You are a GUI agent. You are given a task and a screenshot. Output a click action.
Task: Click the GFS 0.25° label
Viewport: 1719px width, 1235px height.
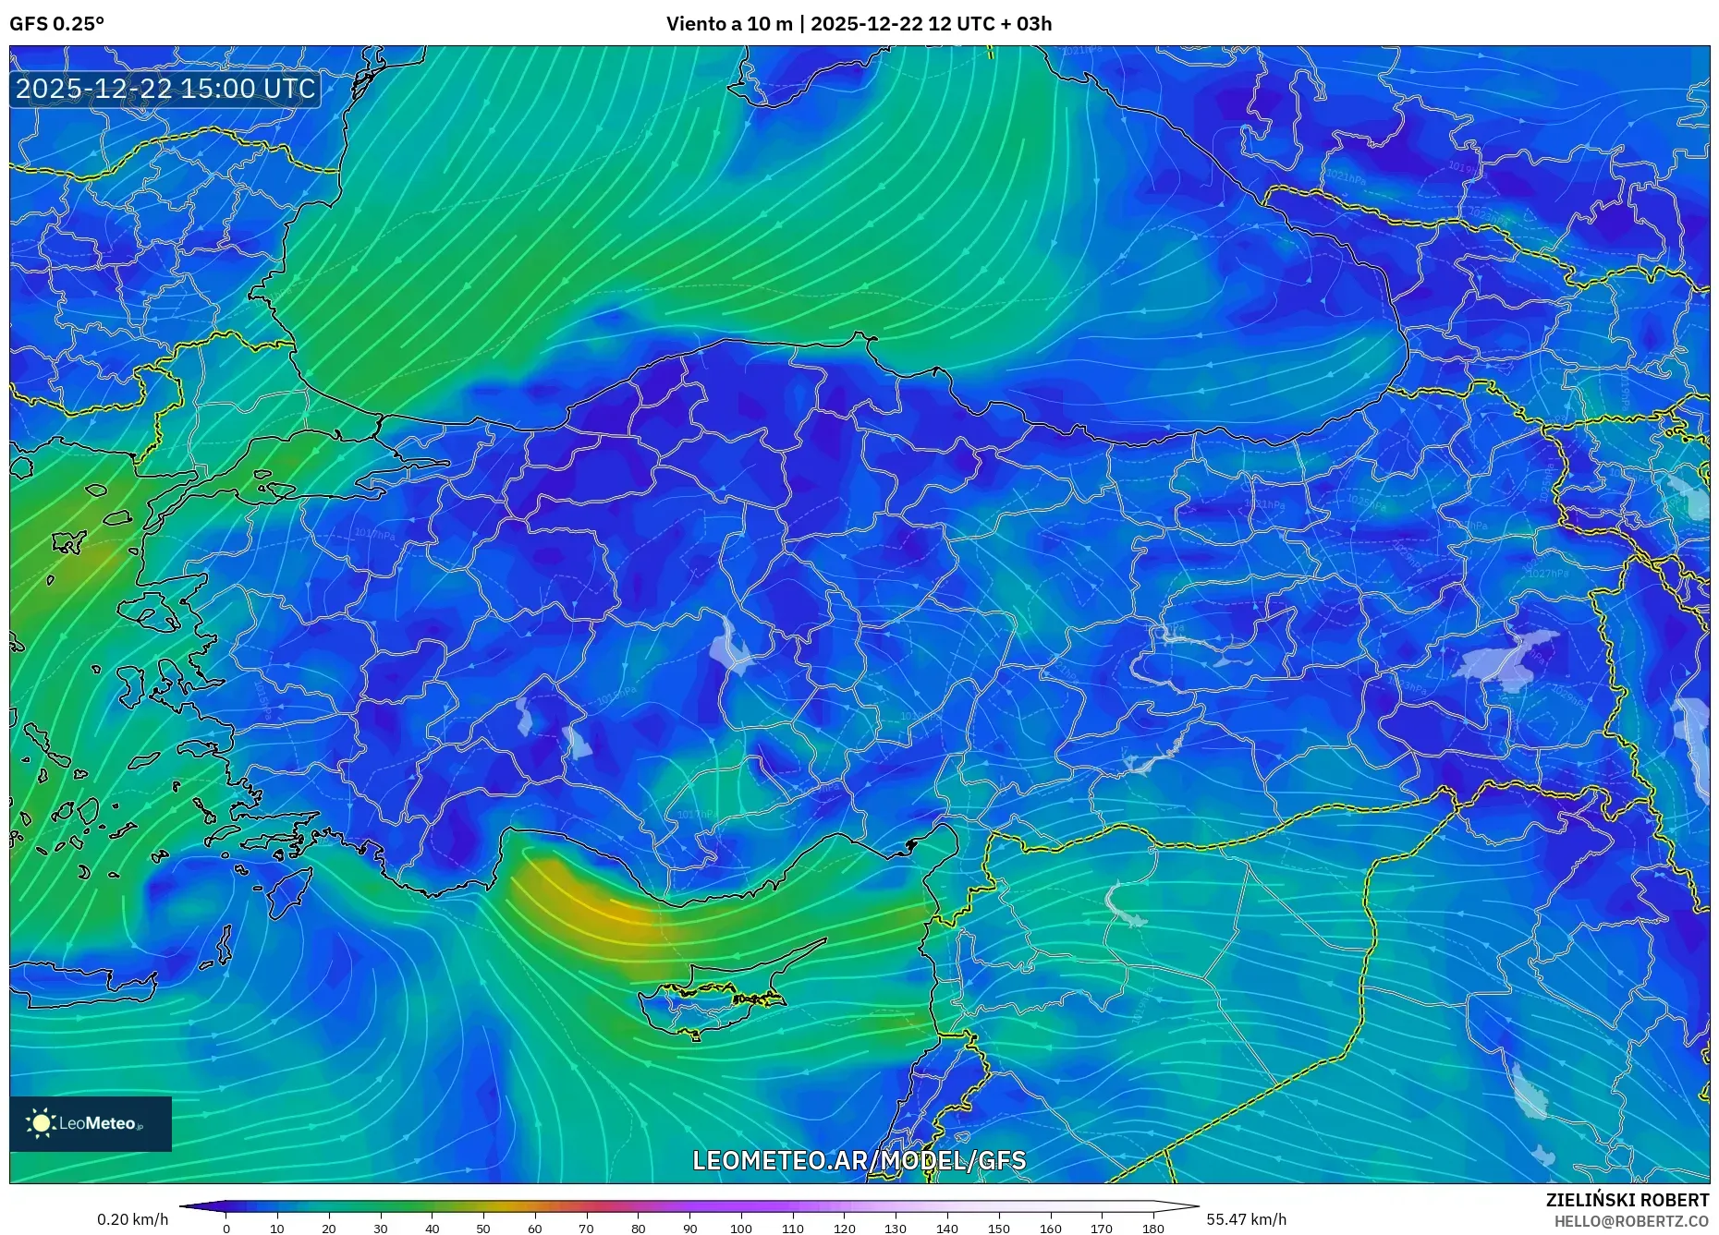coord(56,24)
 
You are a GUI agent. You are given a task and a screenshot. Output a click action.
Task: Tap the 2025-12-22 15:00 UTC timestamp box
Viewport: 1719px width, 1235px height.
coord(165,89)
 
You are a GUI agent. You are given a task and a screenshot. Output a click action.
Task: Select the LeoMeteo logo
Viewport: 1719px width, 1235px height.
coord(91,1123)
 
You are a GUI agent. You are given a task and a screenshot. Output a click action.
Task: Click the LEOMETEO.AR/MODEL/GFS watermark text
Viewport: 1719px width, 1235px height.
coord(859,1160)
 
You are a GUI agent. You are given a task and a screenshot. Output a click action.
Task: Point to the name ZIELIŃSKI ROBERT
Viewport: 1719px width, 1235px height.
coord(1627,1200)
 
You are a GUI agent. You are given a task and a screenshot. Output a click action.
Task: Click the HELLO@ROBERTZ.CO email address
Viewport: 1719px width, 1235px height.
coord(1630,1221)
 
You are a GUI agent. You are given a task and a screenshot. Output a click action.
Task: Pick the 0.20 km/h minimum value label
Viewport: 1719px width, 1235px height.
coord(132,1219)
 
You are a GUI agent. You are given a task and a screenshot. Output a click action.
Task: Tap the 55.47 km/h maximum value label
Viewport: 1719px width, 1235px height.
coord(1246,1219)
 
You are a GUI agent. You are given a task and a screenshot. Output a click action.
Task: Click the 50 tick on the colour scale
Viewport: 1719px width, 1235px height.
coord(483,1229)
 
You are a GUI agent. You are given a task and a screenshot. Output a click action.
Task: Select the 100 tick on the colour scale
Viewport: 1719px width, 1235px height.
coord(741,1229)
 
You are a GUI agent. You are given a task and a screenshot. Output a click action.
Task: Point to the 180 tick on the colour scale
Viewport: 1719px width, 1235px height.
coord(1152,1229)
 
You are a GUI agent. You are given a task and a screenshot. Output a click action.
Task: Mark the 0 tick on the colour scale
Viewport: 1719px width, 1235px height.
coord(226,1229)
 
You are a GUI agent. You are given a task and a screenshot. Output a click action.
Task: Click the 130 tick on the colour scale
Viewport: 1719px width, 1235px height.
coord(896,1229)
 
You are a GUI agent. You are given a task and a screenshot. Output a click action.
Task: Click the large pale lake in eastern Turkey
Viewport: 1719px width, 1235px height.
coord(1506,658)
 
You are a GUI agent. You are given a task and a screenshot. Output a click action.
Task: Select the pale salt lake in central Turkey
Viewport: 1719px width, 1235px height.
coord(733,647)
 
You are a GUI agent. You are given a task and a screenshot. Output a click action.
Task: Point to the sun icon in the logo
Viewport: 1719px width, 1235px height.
coord(42,1123)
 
